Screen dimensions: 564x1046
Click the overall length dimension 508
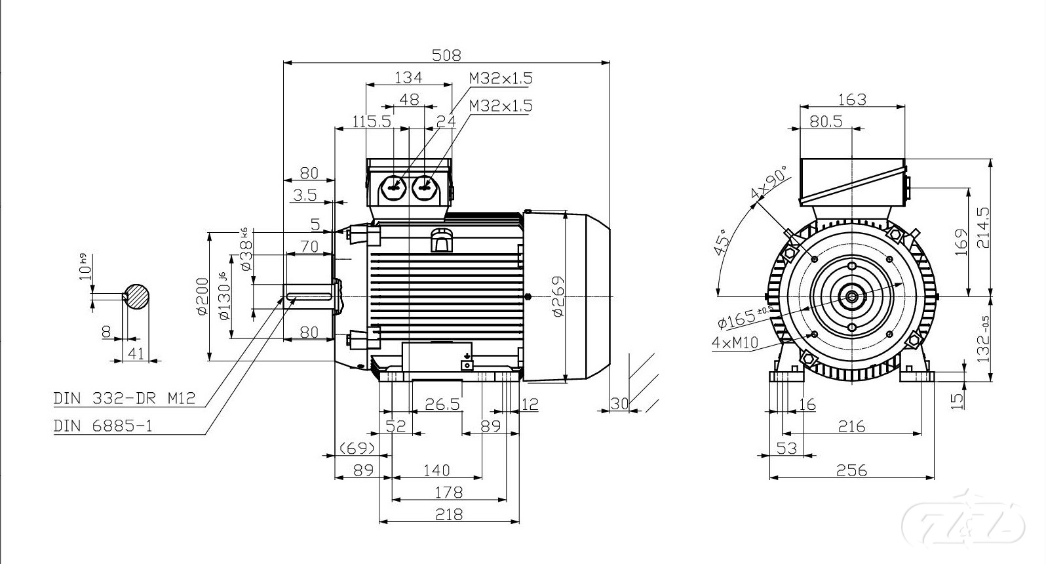coord(446,54)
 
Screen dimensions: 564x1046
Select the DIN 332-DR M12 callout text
coord(125,398)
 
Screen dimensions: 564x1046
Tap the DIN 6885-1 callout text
coord(103,426)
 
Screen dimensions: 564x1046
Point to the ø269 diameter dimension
coord(558,296)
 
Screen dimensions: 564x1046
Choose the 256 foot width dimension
coord(851,470)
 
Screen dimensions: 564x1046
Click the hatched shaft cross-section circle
coord(137,296)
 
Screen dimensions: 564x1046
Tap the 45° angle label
coord(721,243)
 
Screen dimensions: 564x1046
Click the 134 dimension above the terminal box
coord(408,77)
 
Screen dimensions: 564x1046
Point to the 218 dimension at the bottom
coord(449,514)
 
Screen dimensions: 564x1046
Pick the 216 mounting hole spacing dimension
coord(851,426)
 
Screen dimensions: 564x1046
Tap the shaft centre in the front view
coord(851,296)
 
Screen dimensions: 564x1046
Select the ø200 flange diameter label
coord(202,296)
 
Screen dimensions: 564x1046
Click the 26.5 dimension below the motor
coord(442,404)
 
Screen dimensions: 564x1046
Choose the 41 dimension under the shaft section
coord(136,353)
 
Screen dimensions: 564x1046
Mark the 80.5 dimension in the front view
coord(825,121)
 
